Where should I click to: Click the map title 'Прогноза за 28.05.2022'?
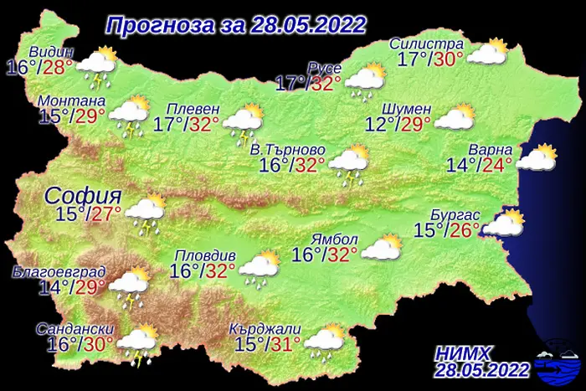(235, 25)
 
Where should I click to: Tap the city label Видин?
(51, 53)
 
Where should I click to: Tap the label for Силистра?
(427, 44)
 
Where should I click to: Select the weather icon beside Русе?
(365, 80)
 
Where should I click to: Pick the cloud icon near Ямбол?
(382, 246)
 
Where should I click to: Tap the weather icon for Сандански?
(137, 342)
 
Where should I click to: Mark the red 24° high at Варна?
(497, 165)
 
